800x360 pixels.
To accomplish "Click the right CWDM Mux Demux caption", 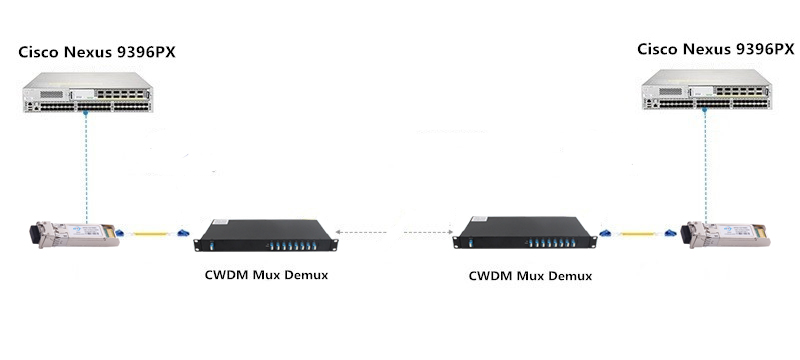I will (530, 274).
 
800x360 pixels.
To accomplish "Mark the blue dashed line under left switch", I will (87, 165).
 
